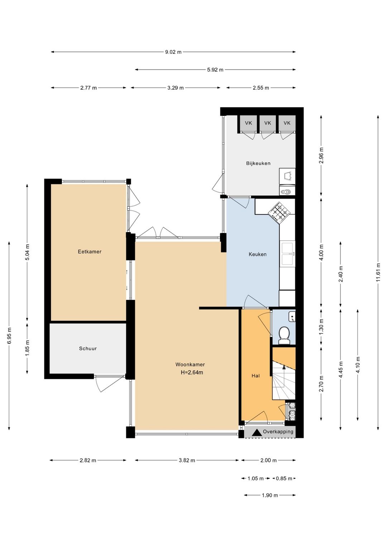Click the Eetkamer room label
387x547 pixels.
point(89,252)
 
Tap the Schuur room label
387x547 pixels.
point(88,348)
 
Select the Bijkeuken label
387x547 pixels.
point(258,163)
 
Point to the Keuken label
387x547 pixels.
point(257,254)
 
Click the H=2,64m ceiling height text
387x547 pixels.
point(192,373)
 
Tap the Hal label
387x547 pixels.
point(255,376)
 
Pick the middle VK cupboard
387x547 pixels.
point(268,124)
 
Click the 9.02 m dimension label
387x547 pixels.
point(173,52)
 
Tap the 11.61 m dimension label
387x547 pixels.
point(378,272)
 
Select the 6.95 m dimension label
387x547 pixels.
point(9,336)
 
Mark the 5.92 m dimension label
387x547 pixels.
point(215,70)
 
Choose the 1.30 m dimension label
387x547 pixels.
point(321,328)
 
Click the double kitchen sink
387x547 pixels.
point(288,254)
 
